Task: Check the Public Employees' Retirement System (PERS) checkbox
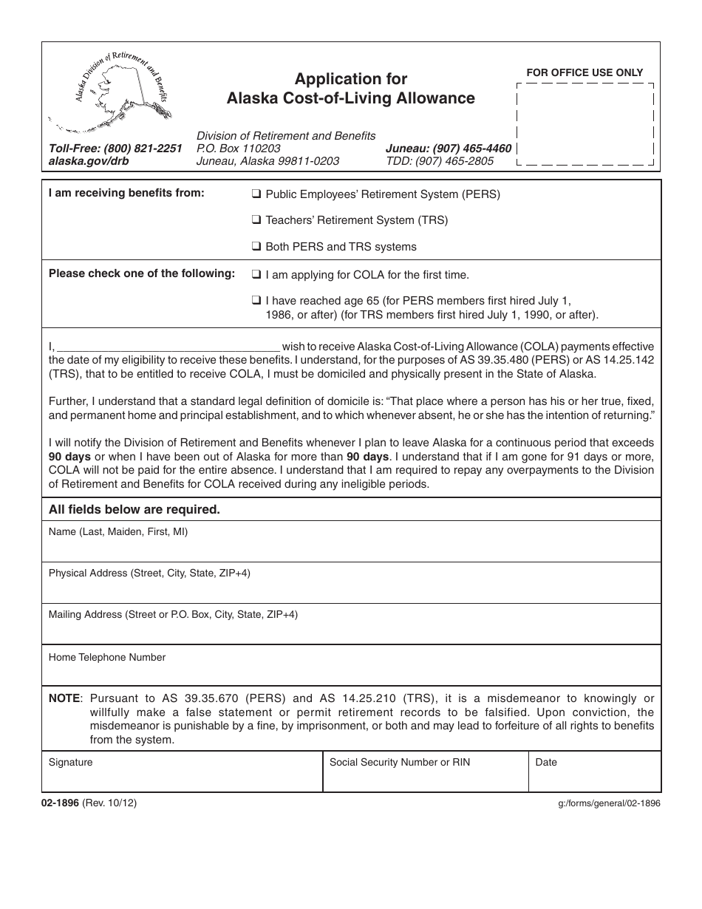coord(256,195)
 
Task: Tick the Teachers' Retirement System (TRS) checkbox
coord(256,220)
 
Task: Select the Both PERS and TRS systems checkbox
coord(256,247)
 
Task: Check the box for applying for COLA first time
coord(256,275)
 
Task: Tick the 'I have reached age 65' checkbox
coord(256,301)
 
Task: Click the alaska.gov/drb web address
coord(89,160)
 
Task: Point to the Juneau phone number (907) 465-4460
coord(448,148)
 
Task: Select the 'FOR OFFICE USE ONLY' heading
coord(585,72)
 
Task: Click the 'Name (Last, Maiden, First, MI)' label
coord(118,531)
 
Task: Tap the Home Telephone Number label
coord(107,657)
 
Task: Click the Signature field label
coord(71,762)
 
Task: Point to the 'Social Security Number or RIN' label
coord(400,762)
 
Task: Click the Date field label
coord(546,762)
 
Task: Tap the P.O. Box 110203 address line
coord(239,148)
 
